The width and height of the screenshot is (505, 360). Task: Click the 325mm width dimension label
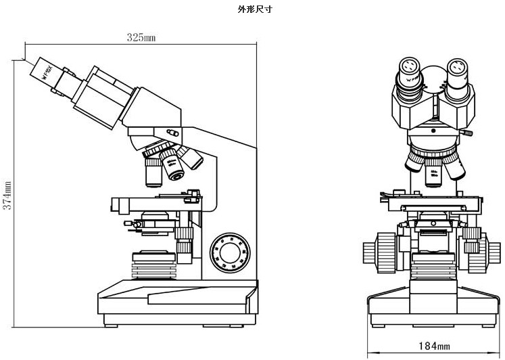pyautogui.click(x=141, y=38)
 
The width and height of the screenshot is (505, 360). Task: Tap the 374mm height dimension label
pyautogui.click(x=7, y=195)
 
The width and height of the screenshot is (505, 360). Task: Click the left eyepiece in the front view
pyautogui.click(x=410, y=68)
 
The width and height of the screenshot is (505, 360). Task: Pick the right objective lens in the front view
pyautogui.click(x=452, y=167)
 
